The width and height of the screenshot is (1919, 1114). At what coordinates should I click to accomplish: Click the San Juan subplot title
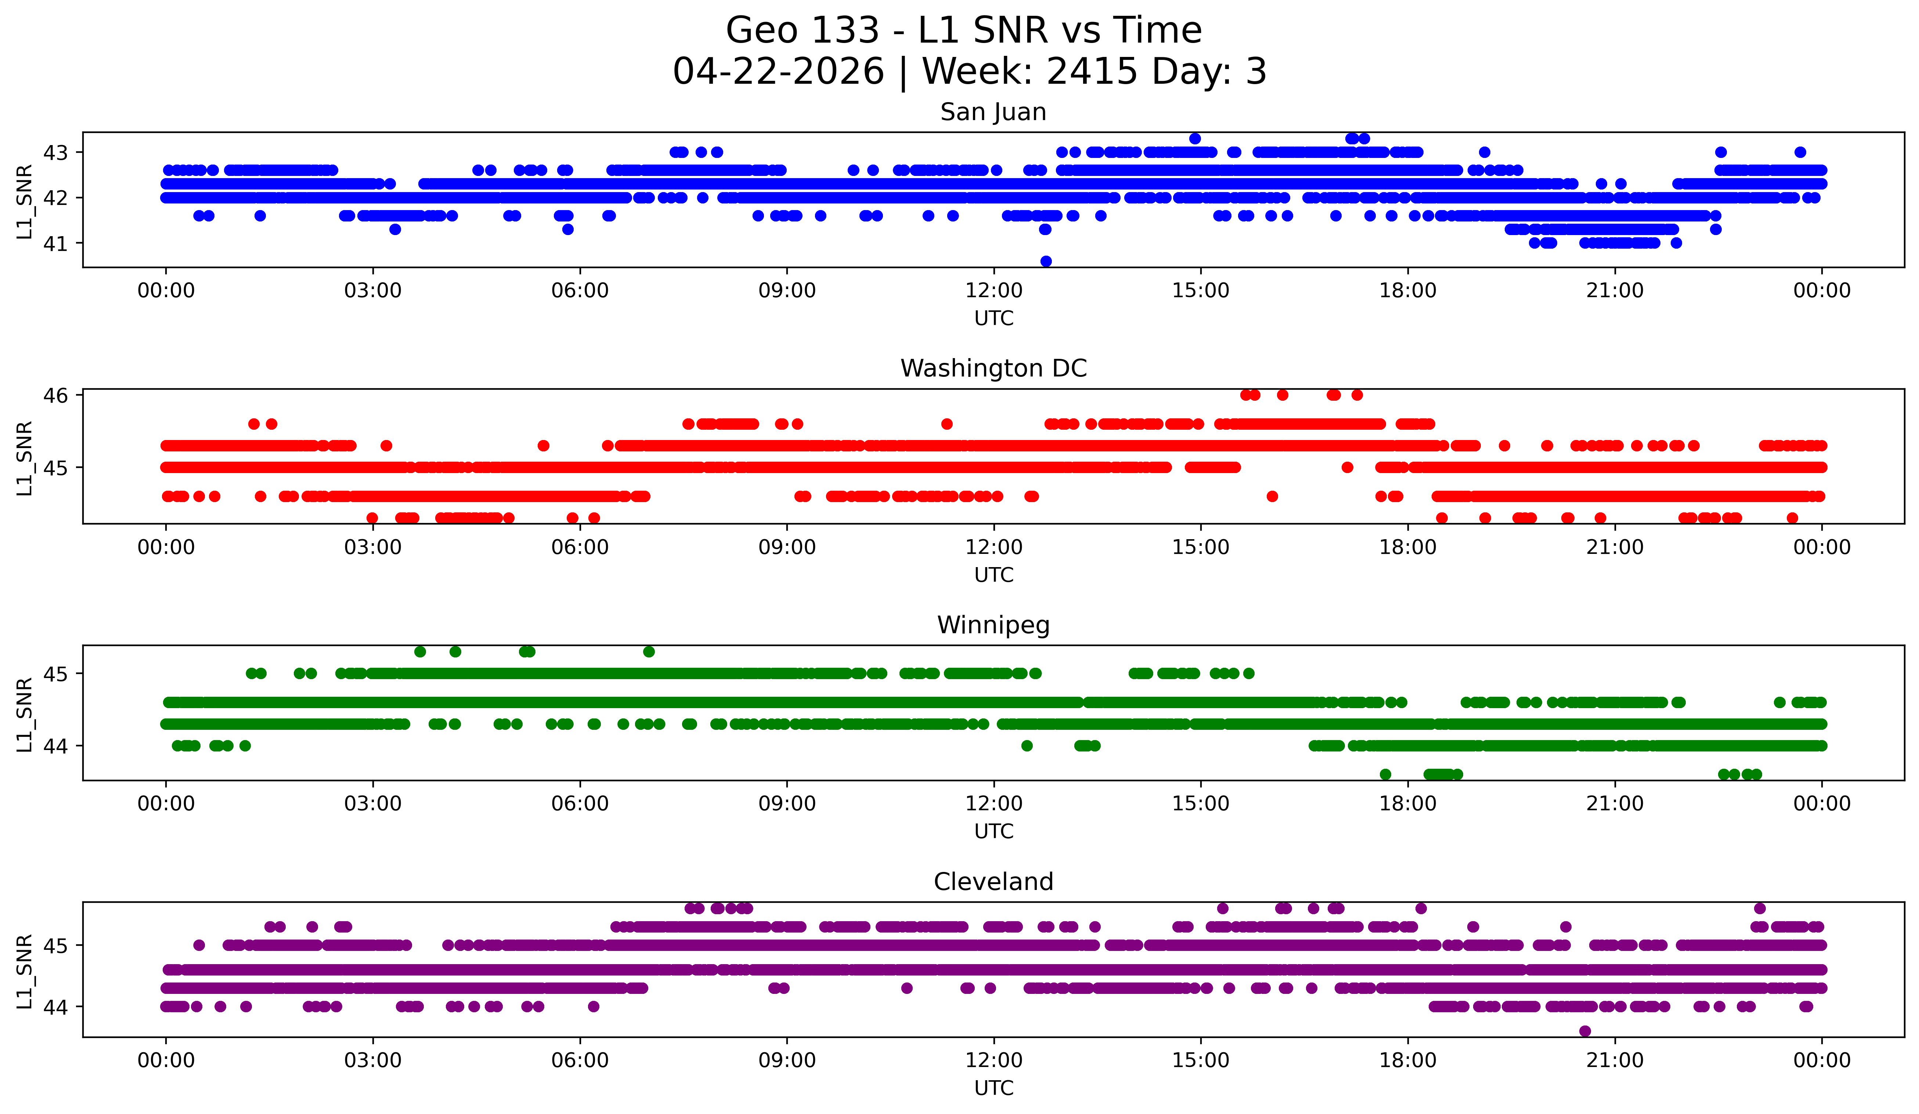(x=993, y=112)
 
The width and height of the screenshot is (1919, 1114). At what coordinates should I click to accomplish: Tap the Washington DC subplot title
(x=993, y=368)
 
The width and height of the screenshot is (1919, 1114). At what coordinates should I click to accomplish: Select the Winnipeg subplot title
(x=993, y=625)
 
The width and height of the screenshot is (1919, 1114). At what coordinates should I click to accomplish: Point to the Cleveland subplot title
(x=993, y=882)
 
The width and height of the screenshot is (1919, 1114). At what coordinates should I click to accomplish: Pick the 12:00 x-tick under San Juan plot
(x=994, y=291)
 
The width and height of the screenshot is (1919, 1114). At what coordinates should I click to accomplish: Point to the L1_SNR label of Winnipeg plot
(x=24, y=714)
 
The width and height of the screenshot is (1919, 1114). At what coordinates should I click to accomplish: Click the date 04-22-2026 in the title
(x=778, y=72)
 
